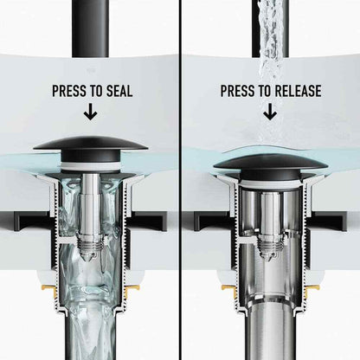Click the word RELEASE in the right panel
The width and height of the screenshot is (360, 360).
[x=298, y=91]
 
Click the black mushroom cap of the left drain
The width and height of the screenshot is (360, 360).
[x=90, y=148]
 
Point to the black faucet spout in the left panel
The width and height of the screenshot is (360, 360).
[x=90, y=29]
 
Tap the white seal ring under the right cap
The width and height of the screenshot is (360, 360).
[x=270, y=184]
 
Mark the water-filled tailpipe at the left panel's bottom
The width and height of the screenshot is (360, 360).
[x=90, y=335]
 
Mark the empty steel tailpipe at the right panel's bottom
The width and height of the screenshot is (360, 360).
[x=271, y=335]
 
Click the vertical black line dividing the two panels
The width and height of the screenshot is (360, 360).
[x=180, y=180]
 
